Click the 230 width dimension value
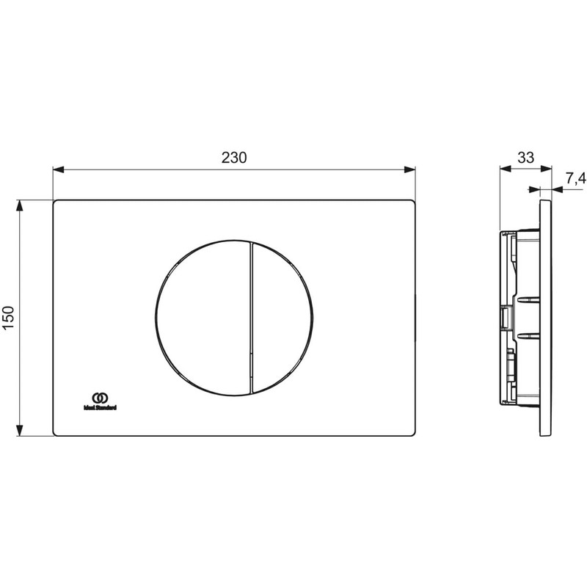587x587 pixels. (234, 157)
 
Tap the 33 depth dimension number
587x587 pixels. (525, 157)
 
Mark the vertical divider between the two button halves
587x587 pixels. (251, 316)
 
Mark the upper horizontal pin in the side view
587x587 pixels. (528, 299)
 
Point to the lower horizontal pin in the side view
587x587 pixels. (528, 336)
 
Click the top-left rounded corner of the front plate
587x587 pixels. (56, 203)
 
